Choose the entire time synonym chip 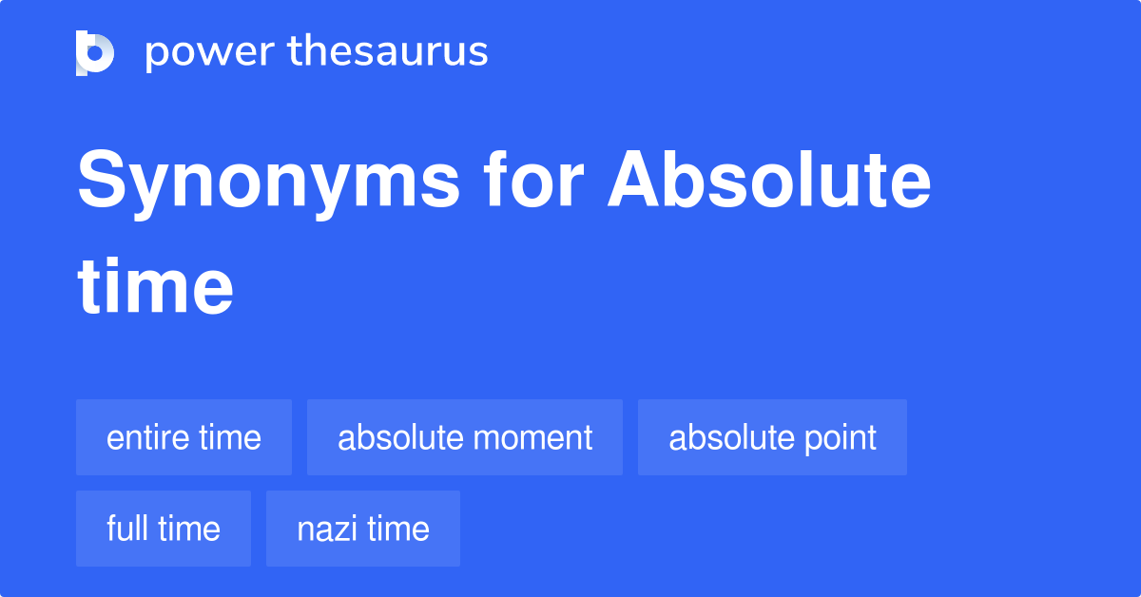pyautogui.click(x=184, y=437)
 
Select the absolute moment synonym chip pyautogui.click(x=465, y=437)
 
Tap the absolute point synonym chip pyautogui.click(x=772, y=437)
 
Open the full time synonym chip pyautogui.click(x=164, y=529)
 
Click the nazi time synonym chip pyautogui.click(x=363, y=529)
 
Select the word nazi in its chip pyautogui.click(x=323, y=529)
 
